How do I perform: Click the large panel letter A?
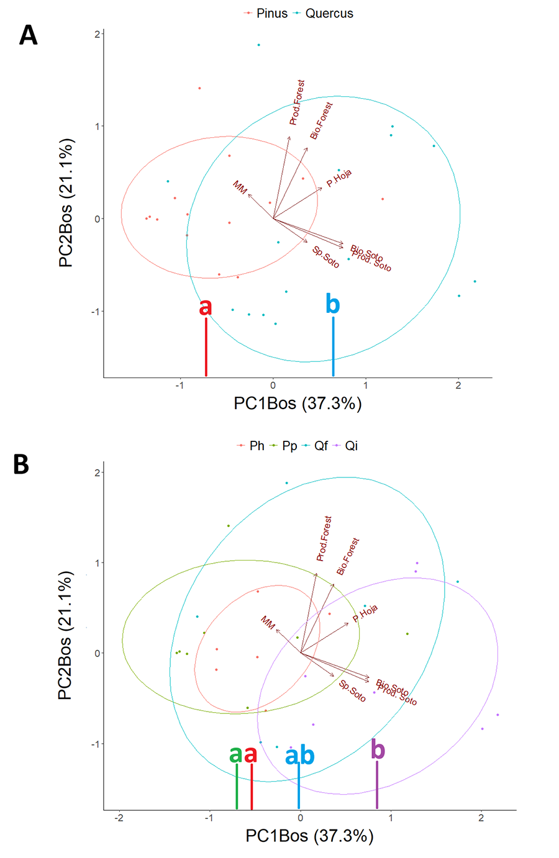(x=28, y=35)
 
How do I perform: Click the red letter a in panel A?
(x=205, y=307)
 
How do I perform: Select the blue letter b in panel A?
(x=333, y=304)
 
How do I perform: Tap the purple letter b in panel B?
(x=378, y=749)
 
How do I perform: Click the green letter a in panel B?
(x=235, y=754)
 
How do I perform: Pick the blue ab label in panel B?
(x=299, y=756)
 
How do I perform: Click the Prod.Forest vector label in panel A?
(x=298, y=102)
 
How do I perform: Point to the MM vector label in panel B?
(x=268, y=623)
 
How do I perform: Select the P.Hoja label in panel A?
(x=339, y=178)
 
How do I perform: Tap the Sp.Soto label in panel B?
(x=352, y=691)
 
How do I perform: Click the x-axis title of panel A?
(x=298, y=404)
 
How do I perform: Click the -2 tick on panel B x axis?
(x=119, y=819)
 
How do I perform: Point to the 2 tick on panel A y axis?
(x=97, y=34)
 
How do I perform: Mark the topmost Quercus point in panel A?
(x=258, y=45)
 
